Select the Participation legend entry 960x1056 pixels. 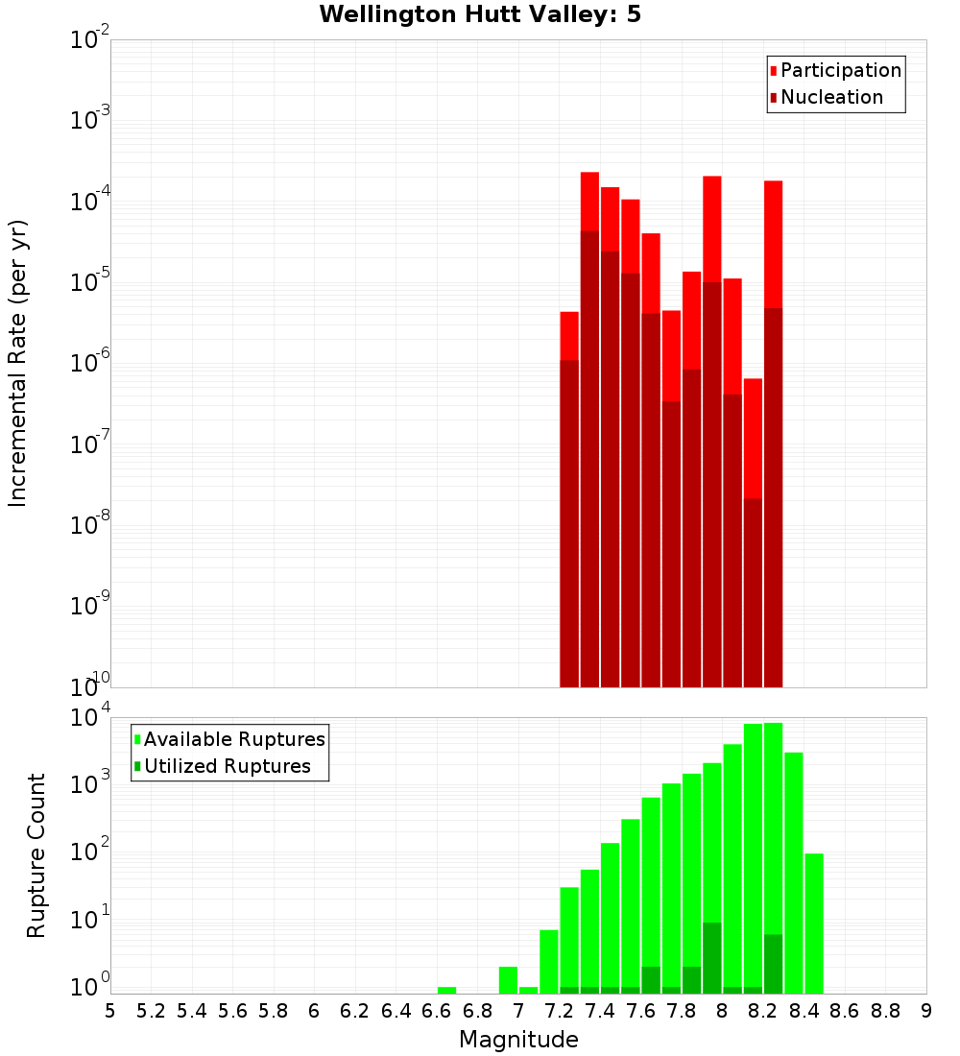coord(835,71)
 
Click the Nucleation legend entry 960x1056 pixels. coord(826,98)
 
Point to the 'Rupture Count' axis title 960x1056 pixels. coord(36,855)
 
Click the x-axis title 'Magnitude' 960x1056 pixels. coord(518,1040)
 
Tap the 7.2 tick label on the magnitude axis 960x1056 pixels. coord(559,1011)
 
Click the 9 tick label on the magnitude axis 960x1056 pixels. coord(926,1011)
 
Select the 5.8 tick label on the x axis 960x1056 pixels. coord(274,1011)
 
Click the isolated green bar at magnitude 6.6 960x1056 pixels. coord(446,990)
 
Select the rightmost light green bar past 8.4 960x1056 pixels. coord(814,922)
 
